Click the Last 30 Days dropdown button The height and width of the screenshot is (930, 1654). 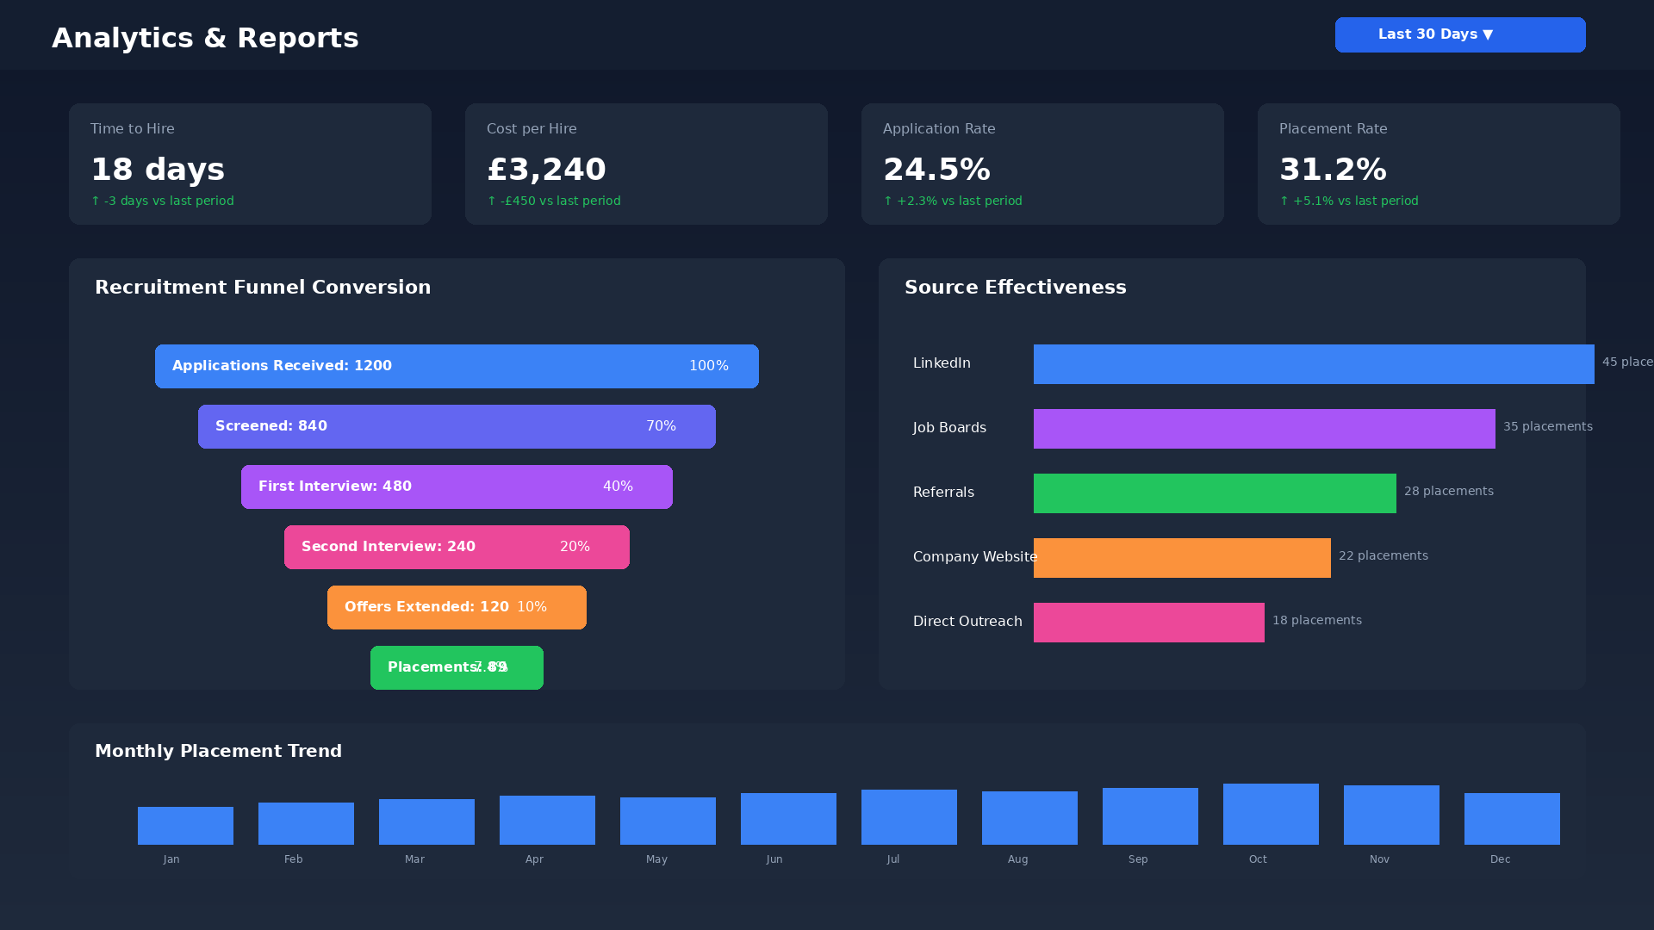[x=1459, y=35]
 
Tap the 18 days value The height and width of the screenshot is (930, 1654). [x=158, y=170]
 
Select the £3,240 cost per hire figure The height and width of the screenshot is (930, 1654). [x=546, y=170]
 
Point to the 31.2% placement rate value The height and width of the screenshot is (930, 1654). [x=1333, y=170]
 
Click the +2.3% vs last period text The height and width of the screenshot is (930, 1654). [x=953, y=201]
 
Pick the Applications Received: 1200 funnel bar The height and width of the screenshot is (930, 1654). [x=457, y=366]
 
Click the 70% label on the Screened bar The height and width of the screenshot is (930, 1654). [x=661, y=426]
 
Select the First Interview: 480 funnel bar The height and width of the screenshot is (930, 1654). [x=457, y=487]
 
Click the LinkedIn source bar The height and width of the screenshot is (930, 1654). [x=1314, y=364]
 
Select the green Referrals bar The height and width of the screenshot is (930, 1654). [x=1215, y=493]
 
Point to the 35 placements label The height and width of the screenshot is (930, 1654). [x=1547, y=426]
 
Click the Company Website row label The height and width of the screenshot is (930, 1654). [x=974, y=557]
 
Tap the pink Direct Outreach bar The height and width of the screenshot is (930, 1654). [x=1148, y=623]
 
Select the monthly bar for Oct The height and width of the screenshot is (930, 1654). [x=1271, y=814]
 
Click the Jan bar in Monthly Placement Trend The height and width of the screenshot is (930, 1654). [x=185, y=826]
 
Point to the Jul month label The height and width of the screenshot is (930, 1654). [x=893, y=859]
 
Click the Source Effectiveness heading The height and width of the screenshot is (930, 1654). [x=1015, y=288]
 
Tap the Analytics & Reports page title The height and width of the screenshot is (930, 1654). [x=205, y=38]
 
